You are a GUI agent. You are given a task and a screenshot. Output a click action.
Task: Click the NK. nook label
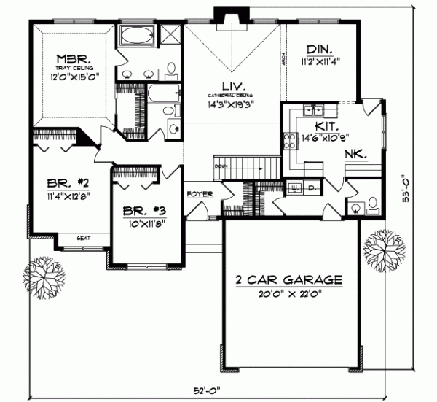point(358,155)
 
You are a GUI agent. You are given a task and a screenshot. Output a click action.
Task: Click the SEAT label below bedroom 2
point(84,237)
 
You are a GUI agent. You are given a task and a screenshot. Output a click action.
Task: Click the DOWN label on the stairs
point(220,166)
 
